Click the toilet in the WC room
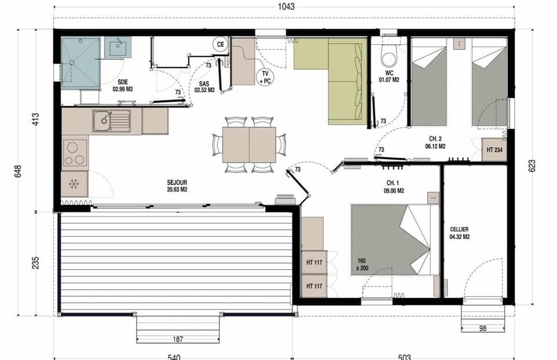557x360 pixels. coord(388,57)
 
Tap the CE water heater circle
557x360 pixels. coord(220,44)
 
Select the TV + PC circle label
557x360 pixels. coord(266,77)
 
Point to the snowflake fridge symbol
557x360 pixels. coord(74,184)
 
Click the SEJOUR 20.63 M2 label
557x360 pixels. coord(177,185)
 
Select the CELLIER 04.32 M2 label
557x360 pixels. coord(460,233)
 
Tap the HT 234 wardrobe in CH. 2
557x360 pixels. coord(494,149)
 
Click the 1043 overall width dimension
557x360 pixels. coord(286,7)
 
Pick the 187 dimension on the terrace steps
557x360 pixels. coord(178,339)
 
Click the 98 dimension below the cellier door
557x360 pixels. coord(483,329)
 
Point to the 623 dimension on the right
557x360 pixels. coord(532,165)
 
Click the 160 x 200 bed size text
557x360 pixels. coord(363,264)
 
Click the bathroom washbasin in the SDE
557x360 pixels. coord(118,46)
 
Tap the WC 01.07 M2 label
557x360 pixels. coord(389,77)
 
